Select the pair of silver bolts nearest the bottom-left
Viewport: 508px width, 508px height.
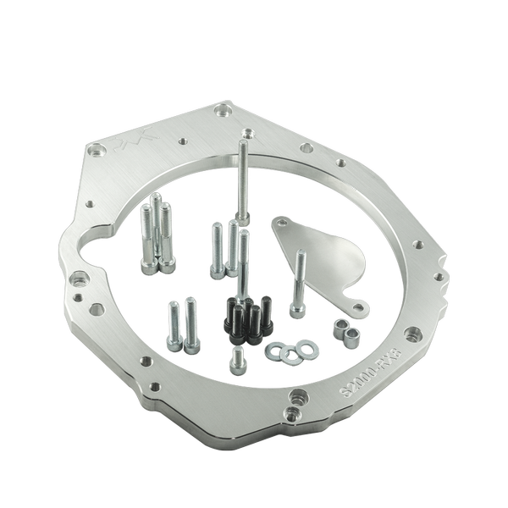[182, 326]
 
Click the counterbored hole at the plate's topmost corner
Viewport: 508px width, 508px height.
[221, 109]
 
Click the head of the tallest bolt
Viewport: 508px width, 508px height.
[242, 144]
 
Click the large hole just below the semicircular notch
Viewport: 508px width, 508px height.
[80, 276]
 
